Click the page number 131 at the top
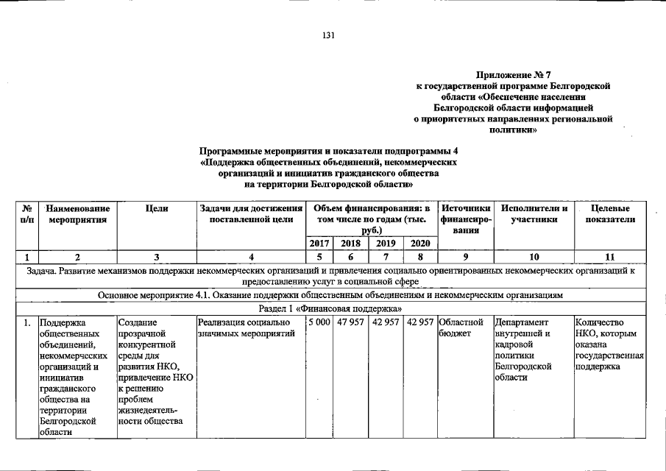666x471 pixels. click(x=329, y=36)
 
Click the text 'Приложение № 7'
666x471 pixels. click(x=514, y=75)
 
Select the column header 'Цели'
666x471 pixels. click(x=157, y=209)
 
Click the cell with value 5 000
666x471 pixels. click(x=319, y=322)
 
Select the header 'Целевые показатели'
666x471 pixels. click(x=610, y=214)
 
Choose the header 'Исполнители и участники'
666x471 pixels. click(x=534, y=214)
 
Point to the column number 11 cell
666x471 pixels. click(x=610, y=257)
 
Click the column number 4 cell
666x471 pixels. click(x=251, y=257)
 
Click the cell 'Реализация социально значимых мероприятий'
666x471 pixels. click(x=246, y=328)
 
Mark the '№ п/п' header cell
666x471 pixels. click(x=26, y=214)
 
